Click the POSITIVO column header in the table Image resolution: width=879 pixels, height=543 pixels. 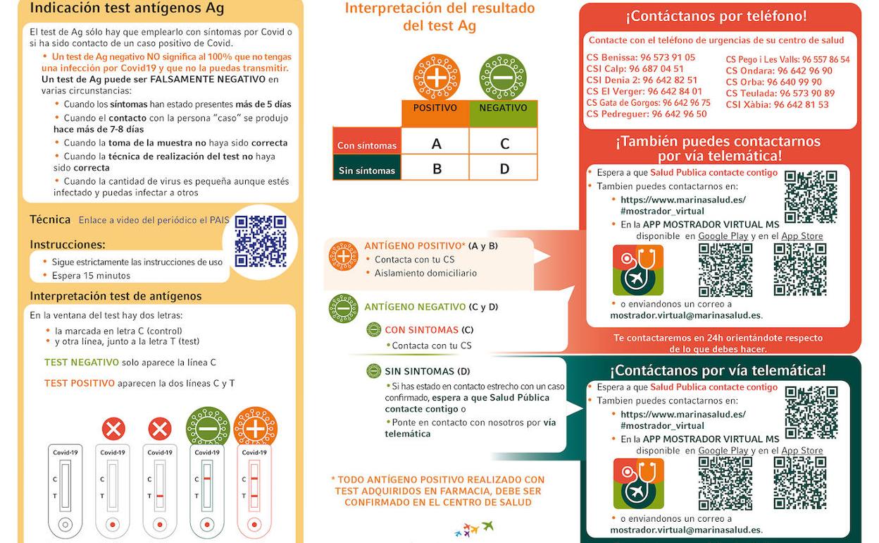coord(435,109)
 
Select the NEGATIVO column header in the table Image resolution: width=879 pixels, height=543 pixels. coord(503,109)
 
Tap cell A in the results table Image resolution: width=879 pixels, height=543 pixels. coord(436,144)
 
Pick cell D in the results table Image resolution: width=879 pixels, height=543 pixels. coord(504,170)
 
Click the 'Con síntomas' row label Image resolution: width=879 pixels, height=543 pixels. coord(366,146)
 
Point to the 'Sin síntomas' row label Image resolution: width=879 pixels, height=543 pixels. coord(366,171)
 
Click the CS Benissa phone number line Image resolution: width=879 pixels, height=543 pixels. coord(640,58)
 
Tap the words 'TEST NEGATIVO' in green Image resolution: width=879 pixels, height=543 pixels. coord(82,362)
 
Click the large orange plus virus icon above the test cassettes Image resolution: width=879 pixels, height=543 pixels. coord(255,427)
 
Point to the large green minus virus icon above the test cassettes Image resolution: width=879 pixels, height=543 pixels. coord(207,427)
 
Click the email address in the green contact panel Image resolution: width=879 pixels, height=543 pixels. coord(685,530)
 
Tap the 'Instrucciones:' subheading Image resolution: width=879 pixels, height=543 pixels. coord(68,245)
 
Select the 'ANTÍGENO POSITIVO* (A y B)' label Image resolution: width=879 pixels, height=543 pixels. coord(430,246)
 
